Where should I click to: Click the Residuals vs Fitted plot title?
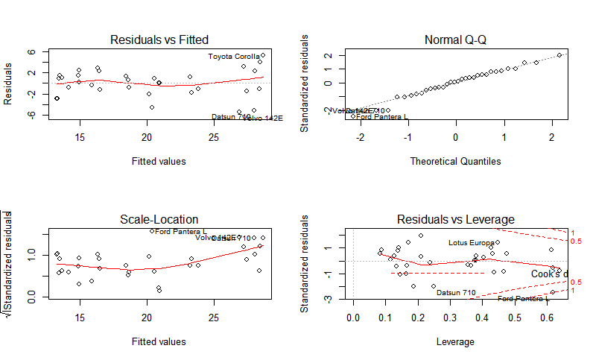coord(159,40)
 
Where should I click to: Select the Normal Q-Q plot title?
coord(456,40)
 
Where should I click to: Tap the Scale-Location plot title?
coord(159,219)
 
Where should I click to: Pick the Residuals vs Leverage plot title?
coord(456,219)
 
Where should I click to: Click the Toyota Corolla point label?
coord(234,57)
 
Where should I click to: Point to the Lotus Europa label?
coord(472,243)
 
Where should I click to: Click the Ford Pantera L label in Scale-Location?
coord(181,232)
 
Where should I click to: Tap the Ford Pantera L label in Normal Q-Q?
coord(382,117)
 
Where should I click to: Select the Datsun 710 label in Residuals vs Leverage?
coord(456,292)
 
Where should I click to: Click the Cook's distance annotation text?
coord(550,274)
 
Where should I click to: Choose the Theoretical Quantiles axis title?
coord(456,161)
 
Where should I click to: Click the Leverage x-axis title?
coord(456,341)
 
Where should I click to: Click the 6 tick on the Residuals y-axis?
coord(33,52)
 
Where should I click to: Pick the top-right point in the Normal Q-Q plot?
coord(559,55)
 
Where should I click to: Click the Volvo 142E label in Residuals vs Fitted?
coord(263,118)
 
